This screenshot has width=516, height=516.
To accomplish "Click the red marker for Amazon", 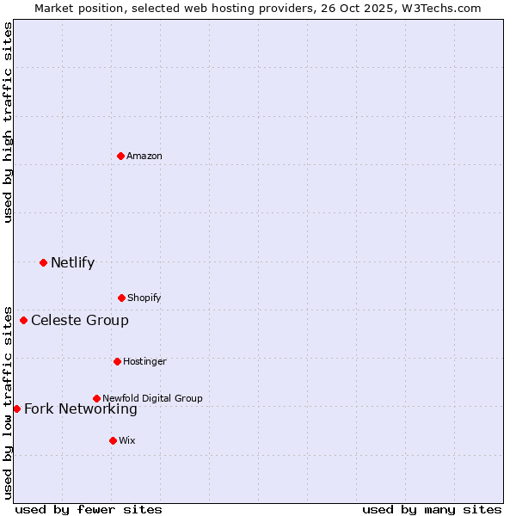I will click(120, 156).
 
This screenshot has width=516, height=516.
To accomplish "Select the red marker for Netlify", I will click(43, 262).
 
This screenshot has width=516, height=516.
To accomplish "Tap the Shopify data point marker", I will click(121, 298).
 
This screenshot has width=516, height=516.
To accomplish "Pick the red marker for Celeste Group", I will click(23, 321).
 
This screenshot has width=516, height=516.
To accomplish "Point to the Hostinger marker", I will click(117, 361).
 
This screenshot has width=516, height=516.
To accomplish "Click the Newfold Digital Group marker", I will click(96, 398).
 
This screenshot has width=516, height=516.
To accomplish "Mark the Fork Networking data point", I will click(16, 408).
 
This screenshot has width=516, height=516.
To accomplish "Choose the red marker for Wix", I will click(113, 440).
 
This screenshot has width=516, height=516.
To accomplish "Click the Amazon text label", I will click(144, 156).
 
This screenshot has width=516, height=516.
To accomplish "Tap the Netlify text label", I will click(72, 262).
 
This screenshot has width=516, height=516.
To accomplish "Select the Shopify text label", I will click(144, 298).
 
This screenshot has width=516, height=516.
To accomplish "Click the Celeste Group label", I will click(80, 321).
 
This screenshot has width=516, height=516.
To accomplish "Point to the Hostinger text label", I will click(144, 361).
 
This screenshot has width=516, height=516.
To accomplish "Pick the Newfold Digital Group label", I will click(152, 398).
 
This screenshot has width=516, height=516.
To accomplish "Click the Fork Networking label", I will click(81, 409).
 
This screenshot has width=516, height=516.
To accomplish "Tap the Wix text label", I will click(127, 440).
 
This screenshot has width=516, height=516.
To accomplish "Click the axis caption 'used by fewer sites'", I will click(89, 509).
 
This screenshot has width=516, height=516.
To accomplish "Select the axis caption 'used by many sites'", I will click(432, 509).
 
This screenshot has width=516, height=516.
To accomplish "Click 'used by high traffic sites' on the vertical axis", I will click(8, 121).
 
